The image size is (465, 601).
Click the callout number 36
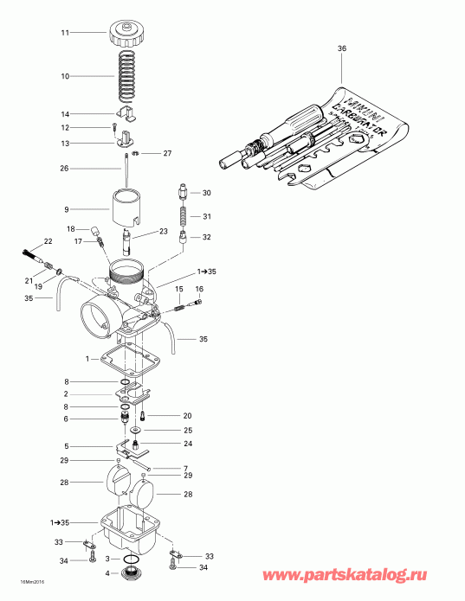pos(340,49)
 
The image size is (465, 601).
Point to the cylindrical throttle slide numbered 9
pos(126,208)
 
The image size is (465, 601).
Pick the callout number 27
pos(168,153)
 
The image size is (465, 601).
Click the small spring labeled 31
pos(183,215)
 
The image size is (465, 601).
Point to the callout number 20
pos(187,416)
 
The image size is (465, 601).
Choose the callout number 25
pos(187,430)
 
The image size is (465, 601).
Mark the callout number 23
pos(162,231)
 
